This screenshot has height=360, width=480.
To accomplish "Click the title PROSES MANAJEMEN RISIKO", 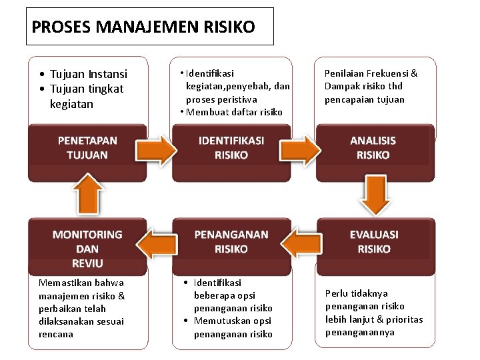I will point(143,27).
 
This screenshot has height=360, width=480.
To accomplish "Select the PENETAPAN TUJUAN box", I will point(87,148).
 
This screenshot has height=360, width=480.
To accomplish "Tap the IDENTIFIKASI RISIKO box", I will point(231,148).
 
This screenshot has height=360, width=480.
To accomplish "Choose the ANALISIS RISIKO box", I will point(373,148).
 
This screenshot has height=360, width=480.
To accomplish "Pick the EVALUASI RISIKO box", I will point(374,242).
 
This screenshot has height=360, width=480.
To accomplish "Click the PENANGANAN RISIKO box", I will point(231,242).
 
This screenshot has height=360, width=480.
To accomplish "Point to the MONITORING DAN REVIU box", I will point(87,248).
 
